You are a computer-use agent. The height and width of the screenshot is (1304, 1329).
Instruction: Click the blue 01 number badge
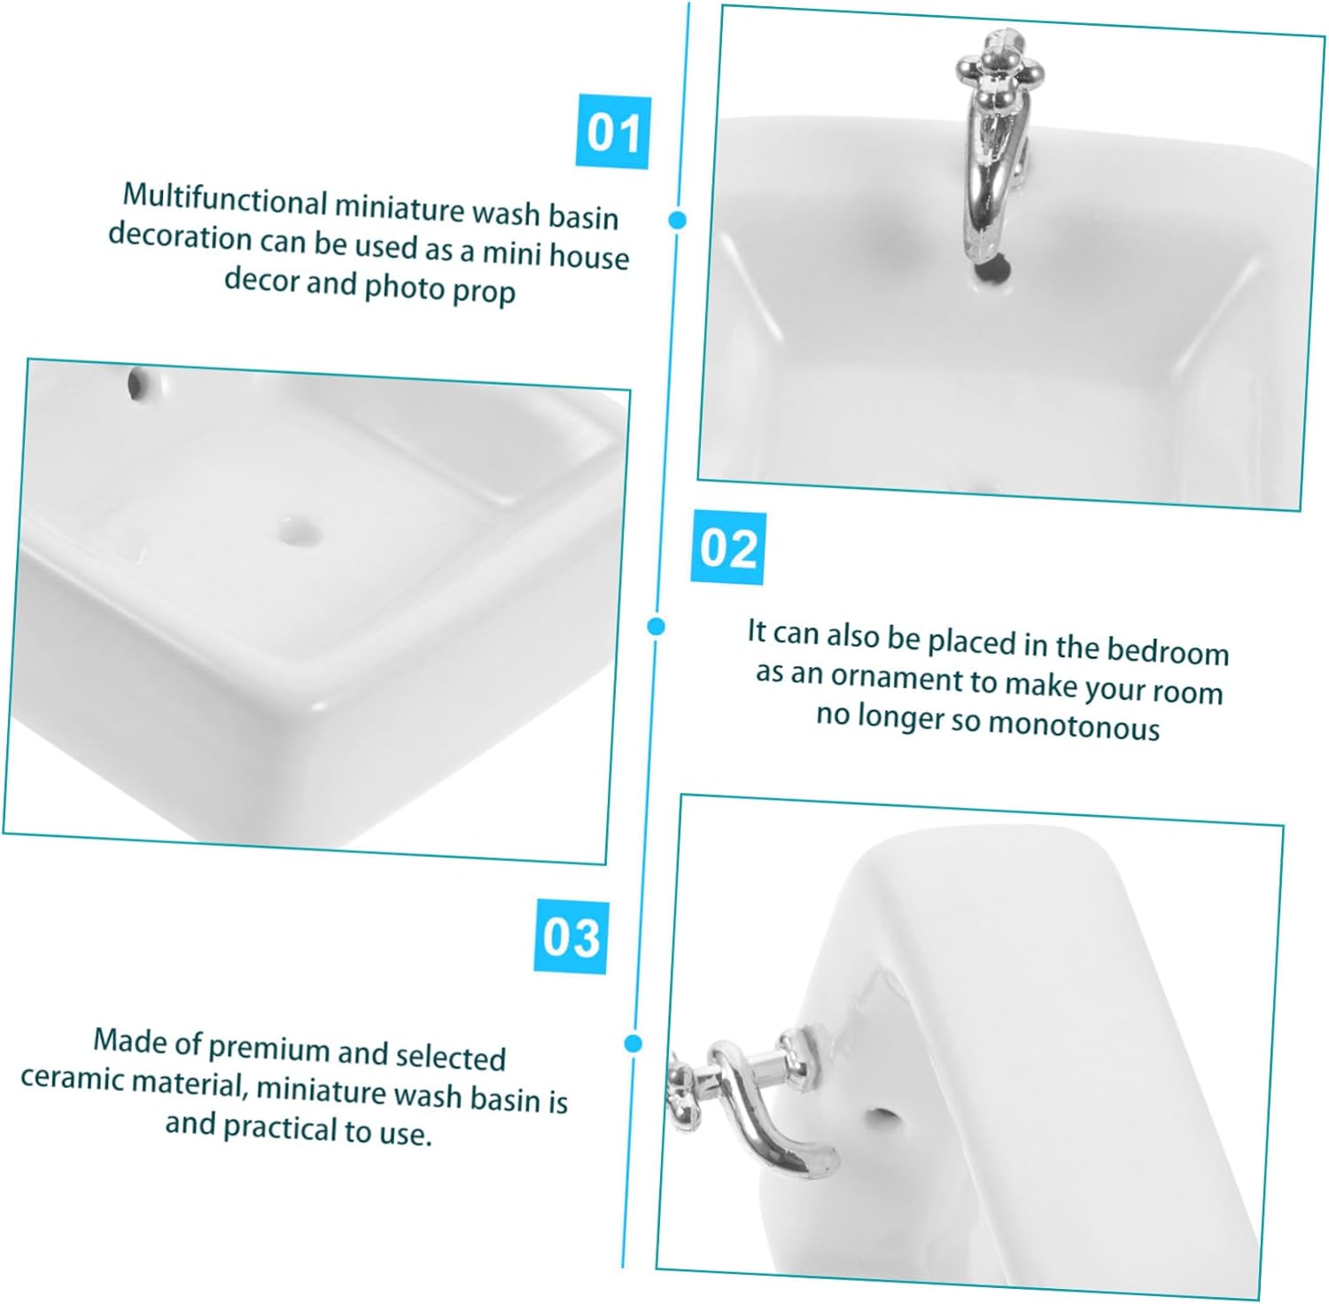(x=613, y=132)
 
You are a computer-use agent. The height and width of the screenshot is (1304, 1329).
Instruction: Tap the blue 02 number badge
(x=728, y=547)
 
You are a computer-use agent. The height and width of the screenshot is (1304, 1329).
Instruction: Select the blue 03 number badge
(x=571, y=936)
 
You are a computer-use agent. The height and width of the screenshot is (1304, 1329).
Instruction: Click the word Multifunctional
(x=225, y=199)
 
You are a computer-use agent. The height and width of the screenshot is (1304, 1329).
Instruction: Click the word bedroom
(x=1168, y=650)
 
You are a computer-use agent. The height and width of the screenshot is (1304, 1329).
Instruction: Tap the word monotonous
(x=1073, y=726)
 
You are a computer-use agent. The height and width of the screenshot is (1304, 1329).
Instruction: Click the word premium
(x=268, y=1047)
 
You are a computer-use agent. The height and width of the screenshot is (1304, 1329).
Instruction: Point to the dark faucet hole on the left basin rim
(x=137, y=382)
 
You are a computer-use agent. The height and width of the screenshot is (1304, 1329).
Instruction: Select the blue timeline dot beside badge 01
(x=679, y=220)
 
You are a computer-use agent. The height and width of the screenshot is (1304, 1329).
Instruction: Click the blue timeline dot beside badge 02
(x=656, y=626)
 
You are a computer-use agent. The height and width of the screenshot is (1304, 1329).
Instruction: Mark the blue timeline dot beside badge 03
(x=633, y=1044)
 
